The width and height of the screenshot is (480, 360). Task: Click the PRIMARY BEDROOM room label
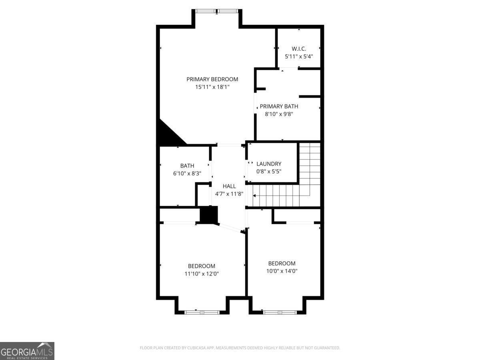click(212, 79)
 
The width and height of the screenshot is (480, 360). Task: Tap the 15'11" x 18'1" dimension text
click(212, 86)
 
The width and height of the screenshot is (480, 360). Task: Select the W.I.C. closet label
click(299, 49)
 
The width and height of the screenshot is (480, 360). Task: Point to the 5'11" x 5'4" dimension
click(299, 56)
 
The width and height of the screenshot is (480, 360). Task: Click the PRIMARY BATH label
click(279, 106)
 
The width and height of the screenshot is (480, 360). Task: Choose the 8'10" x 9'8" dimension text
click(279, 114)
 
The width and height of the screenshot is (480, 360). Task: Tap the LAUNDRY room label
click(269, 164)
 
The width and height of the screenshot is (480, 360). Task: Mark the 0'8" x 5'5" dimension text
click(269, 171)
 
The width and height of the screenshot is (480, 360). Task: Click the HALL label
click(229, 186)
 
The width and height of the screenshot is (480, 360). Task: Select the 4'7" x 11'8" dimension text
click(229, 194)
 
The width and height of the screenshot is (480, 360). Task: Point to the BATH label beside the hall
click(187, 166)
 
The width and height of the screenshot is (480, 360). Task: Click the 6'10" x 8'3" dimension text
click(187, 173)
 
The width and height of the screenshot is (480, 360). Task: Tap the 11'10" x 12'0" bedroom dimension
click(202, 274)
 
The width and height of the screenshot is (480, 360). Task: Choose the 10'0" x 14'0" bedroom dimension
click(282, 271)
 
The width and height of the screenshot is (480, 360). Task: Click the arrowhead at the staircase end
click(255, 196)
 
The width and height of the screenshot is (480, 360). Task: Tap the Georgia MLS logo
click(27, 351)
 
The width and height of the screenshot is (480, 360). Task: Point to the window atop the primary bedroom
click(217, 11)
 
